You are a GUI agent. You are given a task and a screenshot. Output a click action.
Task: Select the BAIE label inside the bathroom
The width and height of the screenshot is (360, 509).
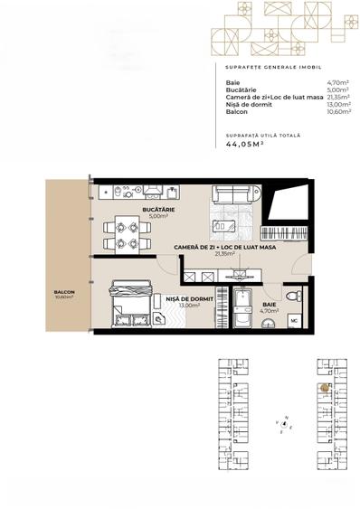coord(268,304)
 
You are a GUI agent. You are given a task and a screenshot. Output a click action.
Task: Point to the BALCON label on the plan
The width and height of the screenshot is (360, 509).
coord(63,292)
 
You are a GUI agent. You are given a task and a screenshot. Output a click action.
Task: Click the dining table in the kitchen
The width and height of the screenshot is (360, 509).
coord(119,235)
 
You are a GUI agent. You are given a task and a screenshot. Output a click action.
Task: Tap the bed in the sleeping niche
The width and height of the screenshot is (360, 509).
coord(129,308)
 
